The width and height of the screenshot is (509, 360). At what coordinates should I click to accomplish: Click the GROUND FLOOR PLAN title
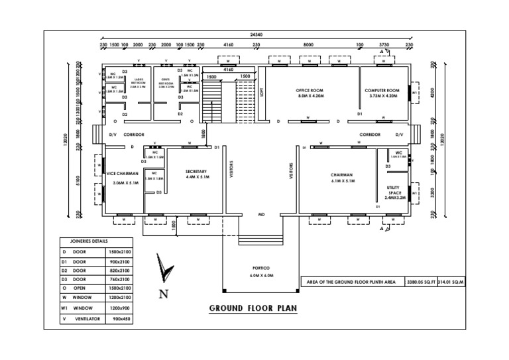pyautogui.click(x=253, y=308)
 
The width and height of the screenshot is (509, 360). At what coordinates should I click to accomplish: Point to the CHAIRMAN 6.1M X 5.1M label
pyautogui.click(x=343, y=178)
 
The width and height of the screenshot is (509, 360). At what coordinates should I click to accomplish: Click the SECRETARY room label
pyautogui.click(x=198, y=174)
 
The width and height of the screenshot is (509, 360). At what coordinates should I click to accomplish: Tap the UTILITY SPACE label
pyautogui.click(x=395, y=191)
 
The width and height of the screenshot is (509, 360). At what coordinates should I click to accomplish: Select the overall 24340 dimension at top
pyautogui.click(x=257, y=34)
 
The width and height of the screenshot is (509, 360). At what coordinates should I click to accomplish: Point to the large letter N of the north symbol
pyautogui.click(x=163, y=294)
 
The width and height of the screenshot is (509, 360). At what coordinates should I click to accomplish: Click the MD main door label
pyautogui.click(x=261, y=215)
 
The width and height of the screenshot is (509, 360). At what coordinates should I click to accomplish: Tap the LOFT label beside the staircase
pyautogui.click(x=262, y=93)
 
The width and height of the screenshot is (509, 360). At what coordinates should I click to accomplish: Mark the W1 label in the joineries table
pyautogui.click(x=65, y=308)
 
